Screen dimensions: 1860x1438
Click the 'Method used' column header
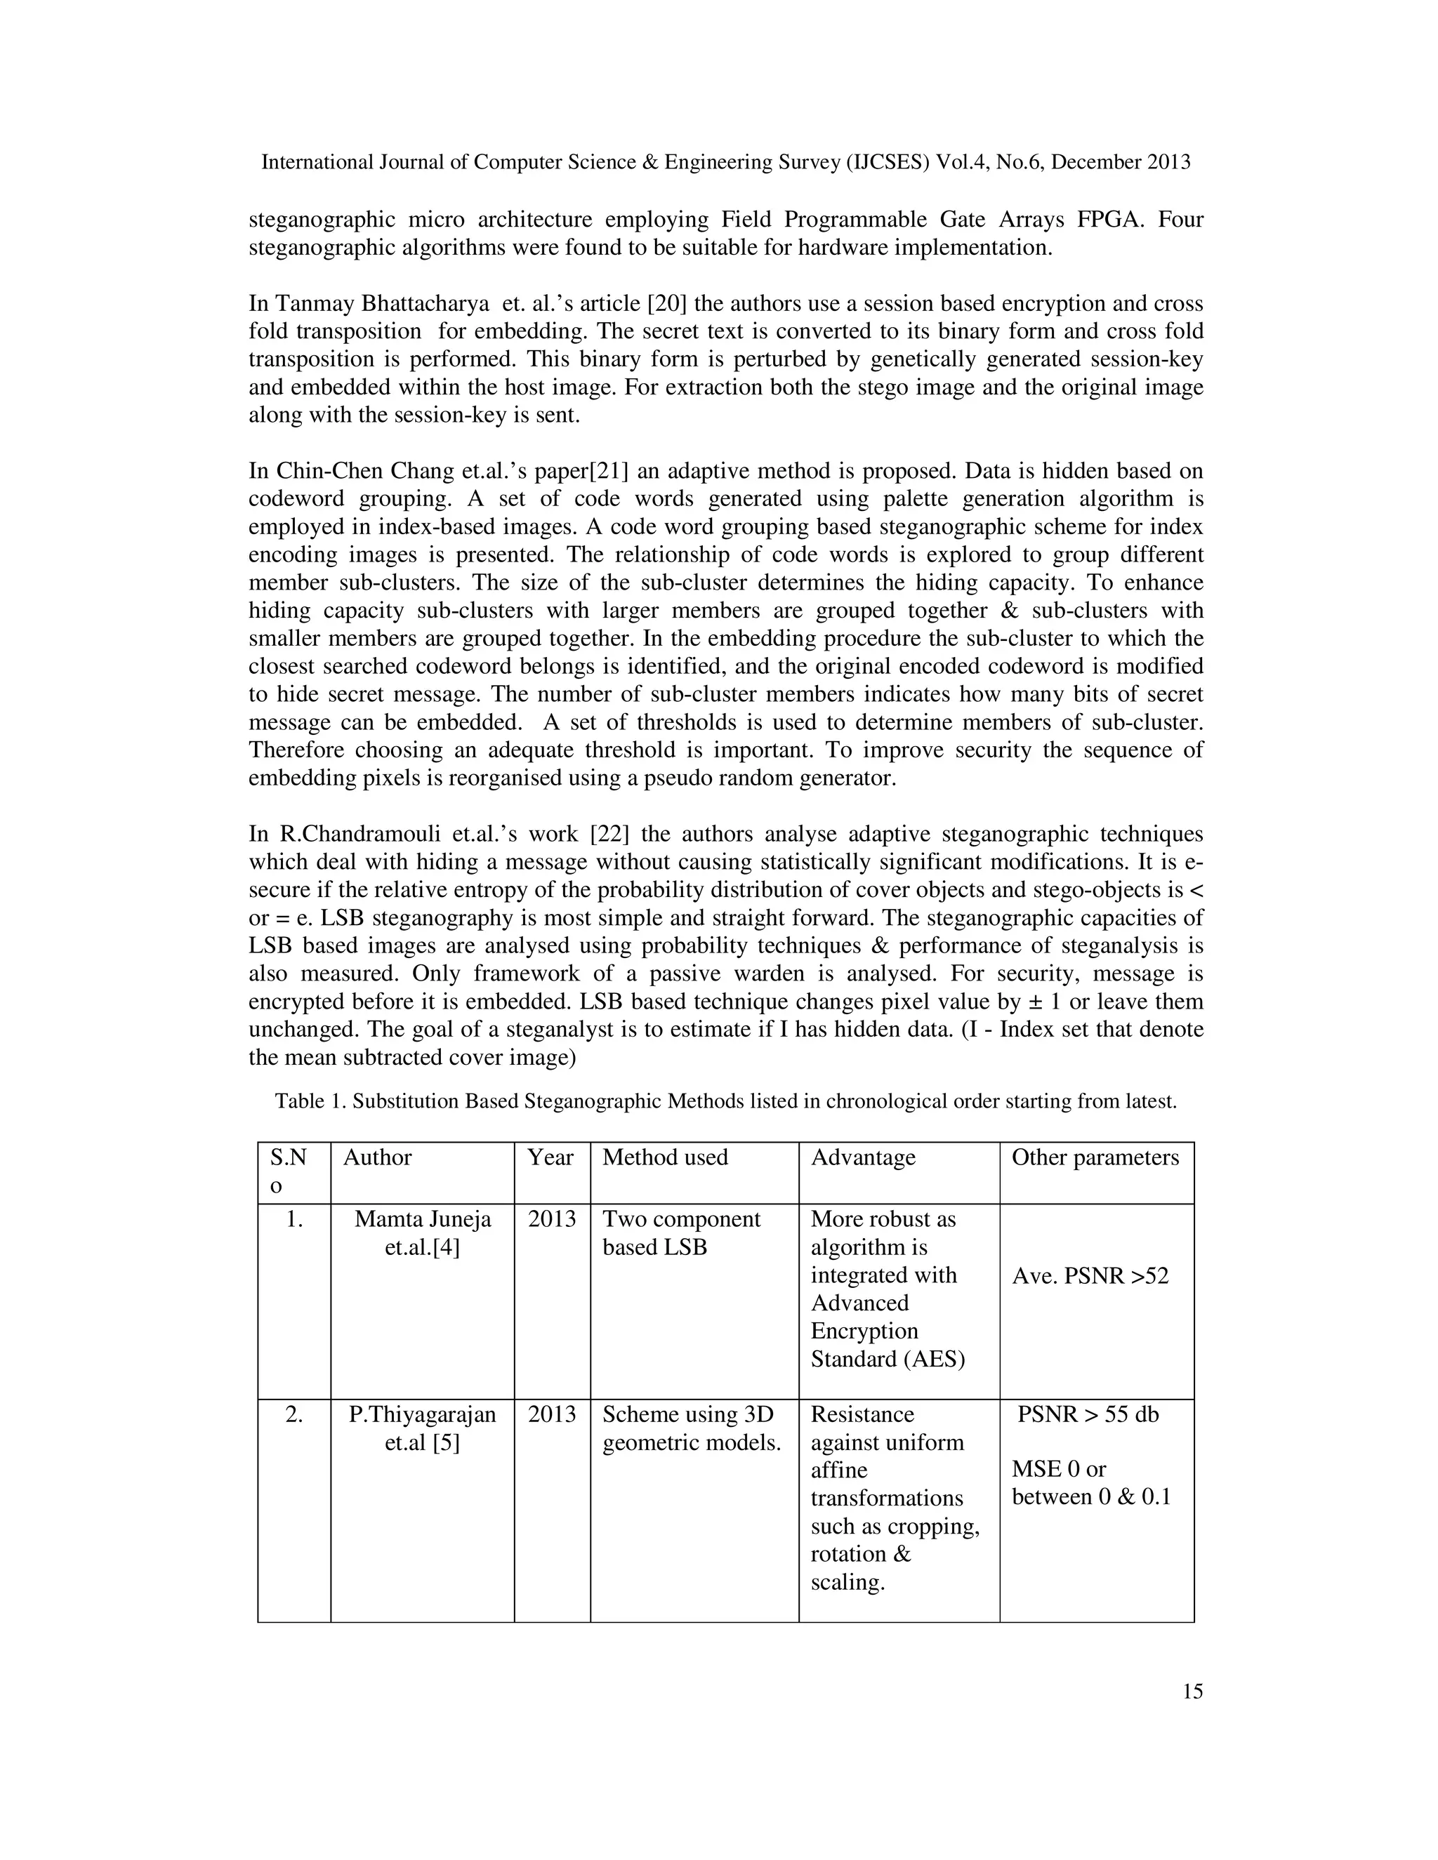click(664, 1157)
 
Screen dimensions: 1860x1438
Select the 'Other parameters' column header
click(1095, 1157)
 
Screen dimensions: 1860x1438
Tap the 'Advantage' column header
click(863, 1157)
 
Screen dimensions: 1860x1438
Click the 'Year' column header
click(550, 1157)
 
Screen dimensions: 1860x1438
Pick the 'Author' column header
click(377, 1157)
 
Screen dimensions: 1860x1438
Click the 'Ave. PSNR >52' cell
click(1090, 1276)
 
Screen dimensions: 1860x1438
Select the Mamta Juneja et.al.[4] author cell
click(423, 1233)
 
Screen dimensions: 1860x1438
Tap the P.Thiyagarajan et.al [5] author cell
click(423, 1428)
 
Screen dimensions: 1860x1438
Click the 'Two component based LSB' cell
click(680, 1233)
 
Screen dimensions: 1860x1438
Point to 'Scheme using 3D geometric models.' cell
click(691, 1428)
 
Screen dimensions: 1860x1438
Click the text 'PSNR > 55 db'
click(1088, 1414)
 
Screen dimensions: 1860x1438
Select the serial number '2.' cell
click(294, 1414)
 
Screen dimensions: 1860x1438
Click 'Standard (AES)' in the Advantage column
click(888, 1358)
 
